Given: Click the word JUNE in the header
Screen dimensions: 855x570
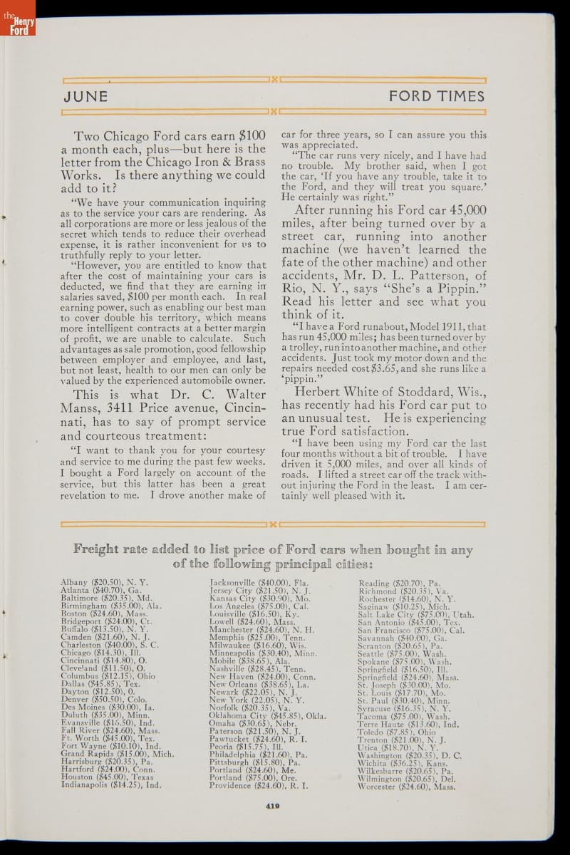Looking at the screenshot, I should pos(85,96).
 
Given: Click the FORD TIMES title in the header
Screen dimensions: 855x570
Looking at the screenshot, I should pos(436,96).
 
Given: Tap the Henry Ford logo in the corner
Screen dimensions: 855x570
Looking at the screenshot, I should pos(17,18).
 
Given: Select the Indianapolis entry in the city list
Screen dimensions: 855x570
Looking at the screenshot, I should pos(111,784).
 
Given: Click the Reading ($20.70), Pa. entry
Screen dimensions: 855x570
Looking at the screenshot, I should pos(399,582).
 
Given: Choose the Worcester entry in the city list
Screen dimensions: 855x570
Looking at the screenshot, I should pos(406,787).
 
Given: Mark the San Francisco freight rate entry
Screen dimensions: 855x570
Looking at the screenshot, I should pos(411,630).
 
